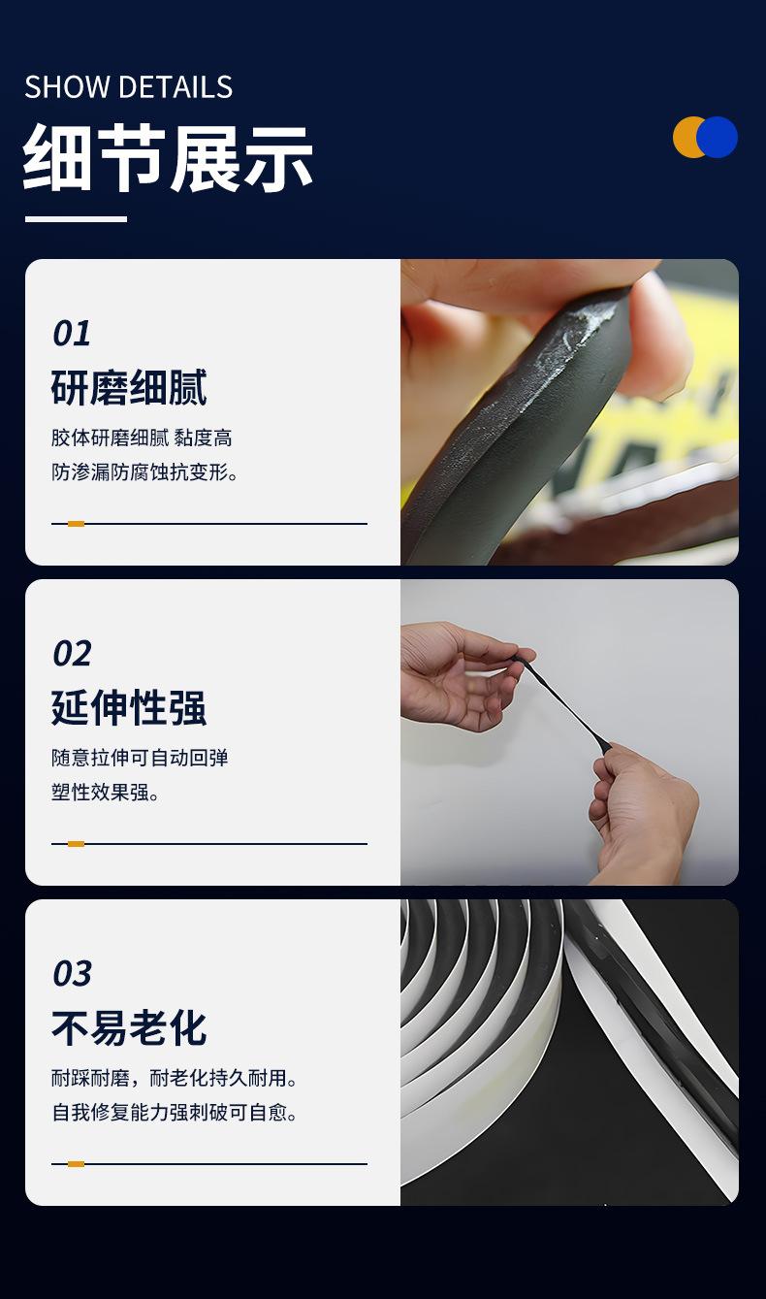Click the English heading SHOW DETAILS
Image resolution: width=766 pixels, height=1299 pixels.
click(x=129, y=87)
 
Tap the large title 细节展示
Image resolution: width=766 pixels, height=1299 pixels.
click(x=168, y=158)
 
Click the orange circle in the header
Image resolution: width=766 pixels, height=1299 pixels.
click(x=687, y=137)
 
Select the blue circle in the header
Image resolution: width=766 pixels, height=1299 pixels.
click(x=717, y=137)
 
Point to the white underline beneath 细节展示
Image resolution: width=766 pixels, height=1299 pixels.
click(x=76, y=219)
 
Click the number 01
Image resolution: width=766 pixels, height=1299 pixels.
click(x=72, y=334)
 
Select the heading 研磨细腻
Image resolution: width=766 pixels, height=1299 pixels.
click(x=129, y=387)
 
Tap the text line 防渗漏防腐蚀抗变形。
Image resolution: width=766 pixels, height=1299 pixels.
click(x=144, y=472)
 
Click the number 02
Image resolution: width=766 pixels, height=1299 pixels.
click(x=72, y=654)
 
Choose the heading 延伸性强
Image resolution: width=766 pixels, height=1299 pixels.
click(x=129, y=707)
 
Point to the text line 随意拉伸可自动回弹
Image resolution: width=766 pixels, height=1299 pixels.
click(x=140, y=758)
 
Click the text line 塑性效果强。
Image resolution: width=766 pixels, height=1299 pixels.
click(x=105, y=793)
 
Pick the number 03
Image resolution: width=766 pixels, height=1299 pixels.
click(x=72, y=974)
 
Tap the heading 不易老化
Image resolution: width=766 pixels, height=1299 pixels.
click(x=129, y=1028)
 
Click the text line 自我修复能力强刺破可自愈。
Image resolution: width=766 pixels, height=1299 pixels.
click(x=175, y=1113)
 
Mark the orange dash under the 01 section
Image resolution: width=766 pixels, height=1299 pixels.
click(x=76, y=524)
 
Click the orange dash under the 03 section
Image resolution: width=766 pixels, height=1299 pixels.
click(x=76, y=1164)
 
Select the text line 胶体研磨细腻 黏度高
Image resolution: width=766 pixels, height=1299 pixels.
click(x=142, y=438)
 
